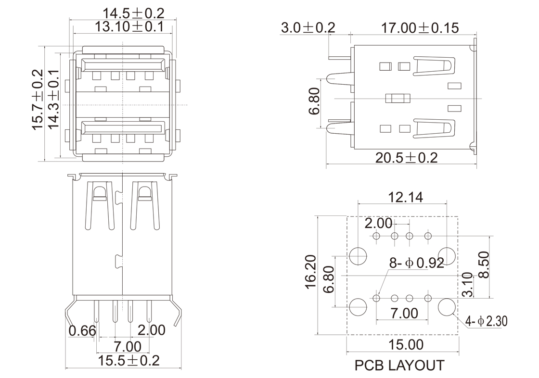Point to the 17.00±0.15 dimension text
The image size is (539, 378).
click(420, 28)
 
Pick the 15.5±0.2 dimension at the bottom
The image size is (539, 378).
click(128, 360)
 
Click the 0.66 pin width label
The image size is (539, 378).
click(82, 331)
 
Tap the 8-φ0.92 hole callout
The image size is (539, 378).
click(416, 263)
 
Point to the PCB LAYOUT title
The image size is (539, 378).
click(399, 365)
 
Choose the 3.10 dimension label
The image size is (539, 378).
click(467, 285)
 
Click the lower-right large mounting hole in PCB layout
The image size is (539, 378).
click(447, 306)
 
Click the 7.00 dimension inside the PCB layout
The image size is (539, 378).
click(404, 314)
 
